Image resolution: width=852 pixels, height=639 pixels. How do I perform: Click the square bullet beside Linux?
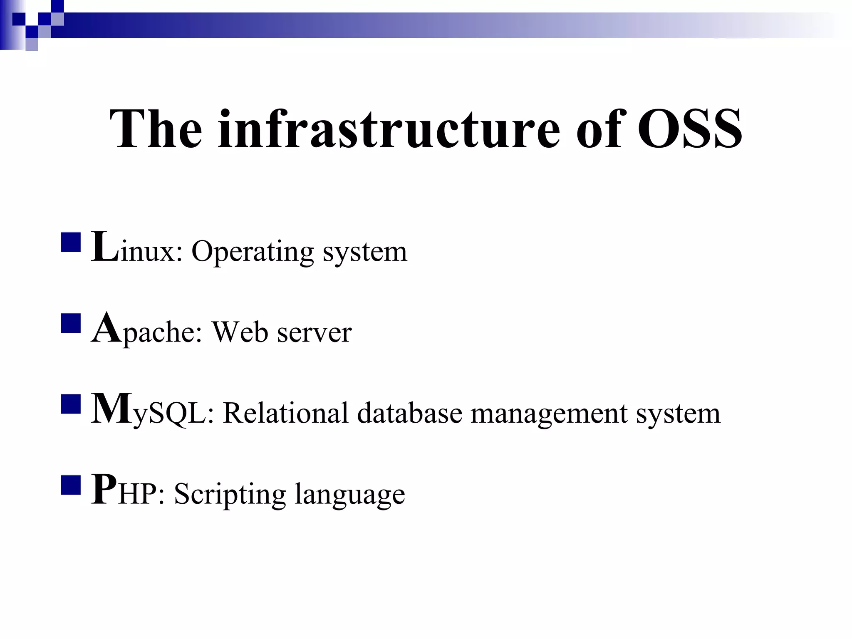[71, 242]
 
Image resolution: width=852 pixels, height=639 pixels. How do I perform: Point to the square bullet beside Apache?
[71, 323]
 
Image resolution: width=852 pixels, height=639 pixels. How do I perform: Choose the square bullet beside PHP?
[71, 484]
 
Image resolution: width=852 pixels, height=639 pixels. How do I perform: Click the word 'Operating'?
[253, 252]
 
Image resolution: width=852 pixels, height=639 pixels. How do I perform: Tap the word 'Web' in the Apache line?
[240, 332]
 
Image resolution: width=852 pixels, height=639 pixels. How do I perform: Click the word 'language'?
[350, 495]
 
